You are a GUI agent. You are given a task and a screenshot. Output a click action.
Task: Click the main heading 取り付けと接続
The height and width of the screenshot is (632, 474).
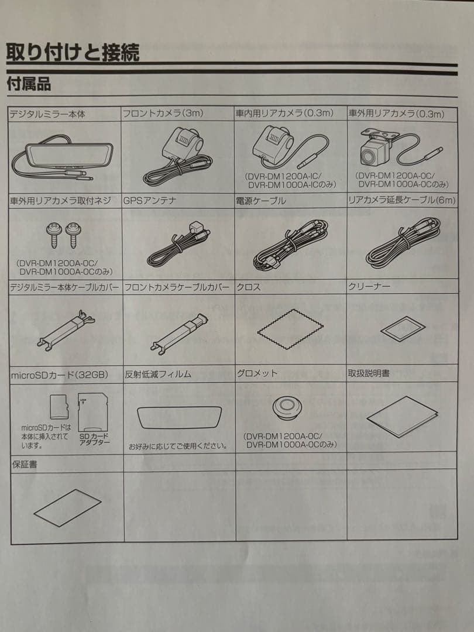coord(73,52)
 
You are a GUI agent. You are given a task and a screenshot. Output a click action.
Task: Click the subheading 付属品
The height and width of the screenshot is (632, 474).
coord(29,84)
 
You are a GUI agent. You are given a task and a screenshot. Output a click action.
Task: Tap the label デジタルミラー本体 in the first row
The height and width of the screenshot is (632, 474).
coord(47,114)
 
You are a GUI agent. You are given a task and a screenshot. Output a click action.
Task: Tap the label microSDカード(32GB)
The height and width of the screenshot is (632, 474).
coord(59,374)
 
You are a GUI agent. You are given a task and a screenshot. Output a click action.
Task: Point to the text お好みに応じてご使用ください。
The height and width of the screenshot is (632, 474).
coord(178,446)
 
